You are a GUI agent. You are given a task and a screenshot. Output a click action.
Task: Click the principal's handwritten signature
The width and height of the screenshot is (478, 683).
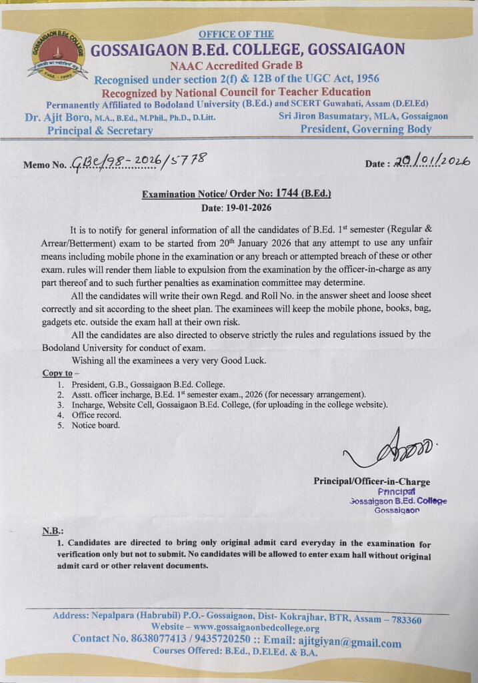[x=393, y=453]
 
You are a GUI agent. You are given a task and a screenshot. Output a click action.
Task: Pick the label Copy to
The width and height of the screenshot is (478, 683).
[x=57, y=373]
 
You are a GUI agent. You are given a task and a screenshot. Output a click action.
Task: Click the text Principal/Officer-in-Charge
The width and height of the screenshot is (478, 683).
[x=372, y=482]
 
